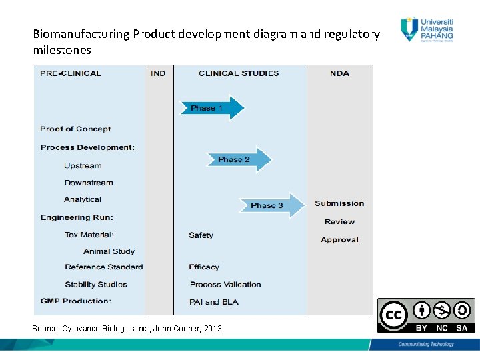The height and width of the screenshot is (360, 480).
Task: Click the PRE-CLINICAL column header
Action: [x=71, y=73]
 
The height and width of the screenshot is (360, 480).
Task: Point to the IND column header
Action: [x=159, y=73]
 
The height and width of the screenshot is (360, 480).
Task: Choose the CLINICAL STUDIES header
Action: [x=239, y=73]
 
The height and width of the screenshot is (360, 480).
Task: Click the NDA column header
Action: [x=339, y=73]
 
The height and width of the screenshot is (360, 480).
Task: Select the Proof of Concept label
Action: [x=75, y=129]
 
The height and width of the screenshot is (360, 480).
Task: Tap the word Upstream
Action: [x=83, y=165]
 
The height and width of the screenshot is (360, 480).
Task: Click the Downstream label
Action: [x=89, y=183]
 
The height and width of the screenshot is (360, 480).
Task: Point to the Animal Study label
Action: [x=109, y=251]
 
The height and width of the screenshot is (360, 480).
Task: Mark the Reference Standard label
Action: [x=104, y=267]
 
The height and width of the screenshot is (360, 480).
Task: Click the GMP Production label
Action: [x=76, y=301]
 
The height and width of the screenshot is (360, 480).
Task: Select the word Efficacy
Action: [x=204, y=267]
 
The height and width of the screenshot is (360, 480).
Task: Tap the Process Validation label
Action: [x=225, y=285]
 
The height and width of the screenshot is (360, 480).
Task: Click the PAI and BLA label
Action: [x=214, y=302]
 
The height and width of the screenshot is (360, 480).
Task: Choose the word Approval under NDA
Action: [x=339, y=240]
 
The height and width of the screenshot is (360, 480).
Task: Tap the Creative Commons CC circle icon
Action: [x=393, y=315]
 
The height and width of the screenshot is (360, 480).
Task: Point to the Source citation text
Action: [x=127, y=329]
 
